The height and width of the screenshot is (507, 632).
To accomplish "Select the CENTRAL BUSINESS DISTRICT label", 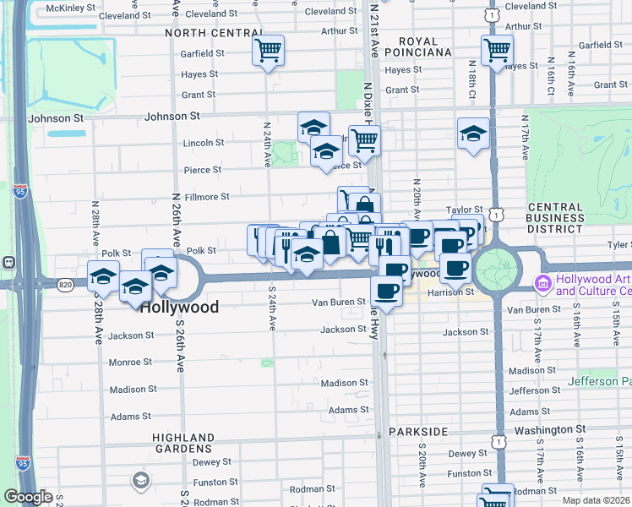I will click(x=554, y=217).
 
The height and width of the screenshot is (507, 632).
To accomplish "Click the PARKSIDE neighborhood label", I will click(x=418, y=432).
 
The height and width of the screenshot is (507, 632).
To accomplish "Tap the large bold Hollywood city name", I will click(x=179, y=308).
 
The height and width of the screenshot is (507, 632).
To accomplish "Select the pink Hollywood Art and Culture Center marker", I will click(x=544, y=281).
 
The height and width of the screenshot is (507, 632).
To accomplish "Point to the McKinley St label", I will click(x=71, y=8).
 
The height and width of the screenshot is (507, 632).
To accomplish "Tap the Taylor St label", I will click(x=465, y=209).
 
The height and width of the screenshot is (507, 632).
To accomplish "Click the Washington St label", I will click(x=542, y=430).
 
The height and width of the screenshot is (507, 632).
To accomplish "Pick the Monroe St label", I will click(x=130, y=363).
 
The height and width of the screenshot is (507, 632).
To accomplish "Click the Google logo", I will click(x=28, y=497).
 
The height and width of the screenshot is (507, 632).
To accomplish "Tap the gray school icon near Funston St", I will click(x=141, y=482).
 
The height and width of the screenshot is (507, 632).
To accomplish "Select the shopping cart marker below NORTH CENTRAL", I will click(x=268, y=51).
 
